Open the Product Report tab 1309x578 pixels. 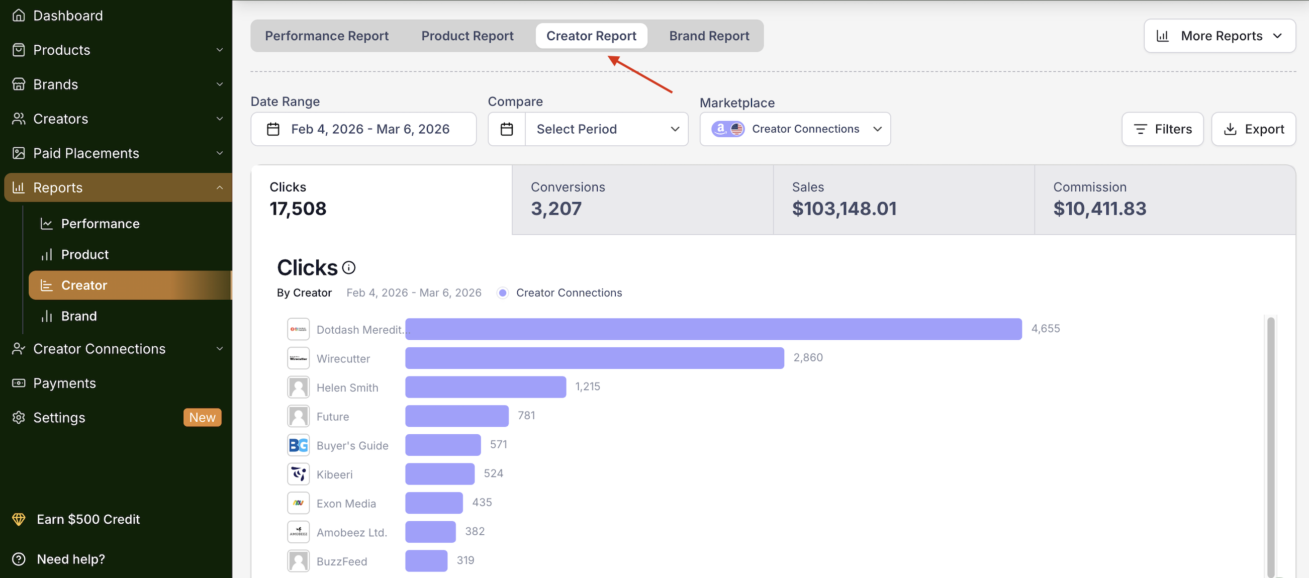coord(467,36)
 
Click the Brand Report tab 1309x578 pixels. coord(709,36)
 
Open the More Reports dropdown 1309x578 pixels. coord(1219,36)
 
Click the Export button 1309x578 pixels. coord(1253,129)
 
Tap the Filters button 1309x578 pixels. coord(1162,129)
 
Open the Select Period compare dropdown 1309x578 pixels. coord(606,129)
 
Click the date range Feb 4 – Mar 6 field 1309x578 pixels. coord(363,129)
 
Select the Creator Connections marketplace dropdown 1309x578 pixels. coord(795,129)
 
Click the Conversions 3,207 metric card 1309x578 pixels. coord(642,199)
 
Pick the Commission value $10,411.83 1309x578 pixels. coord(1100,209)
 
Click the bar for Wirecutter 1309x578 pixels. coord(594,357)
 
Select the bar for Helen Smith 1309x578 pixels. coord(485,387)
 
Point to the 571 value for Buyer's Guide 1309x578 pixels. coord(499,444)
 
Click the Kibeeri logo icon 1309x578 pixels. coord(298,474)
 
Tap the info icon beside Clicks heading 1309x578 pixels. coord(348,268)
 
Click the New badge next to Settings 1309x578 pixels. coord(202,418)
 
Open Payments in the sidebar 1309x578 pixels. coord(64,383)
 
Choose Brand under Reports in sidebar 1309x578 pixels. coord(79,316)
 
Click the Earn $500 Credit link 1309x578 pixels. coord(88,519)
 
